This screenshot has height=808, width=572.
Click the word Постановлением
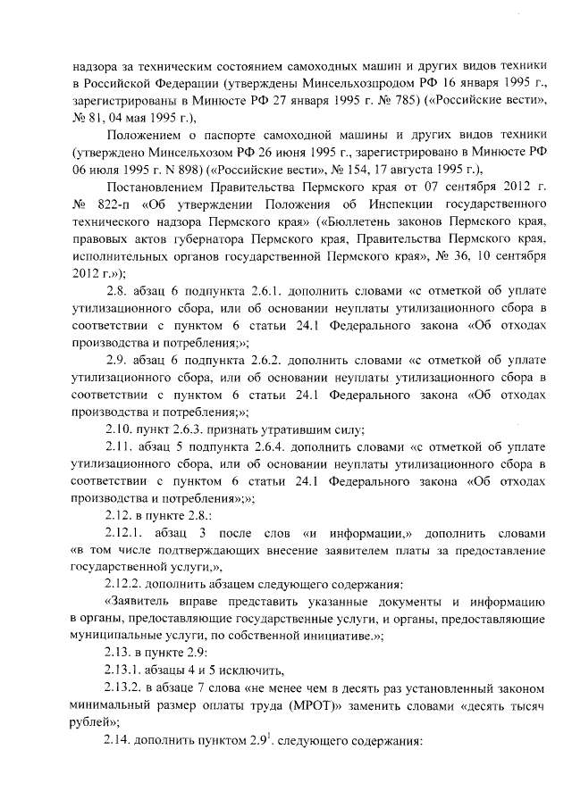pyautogui.click(x=150, y=187)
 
